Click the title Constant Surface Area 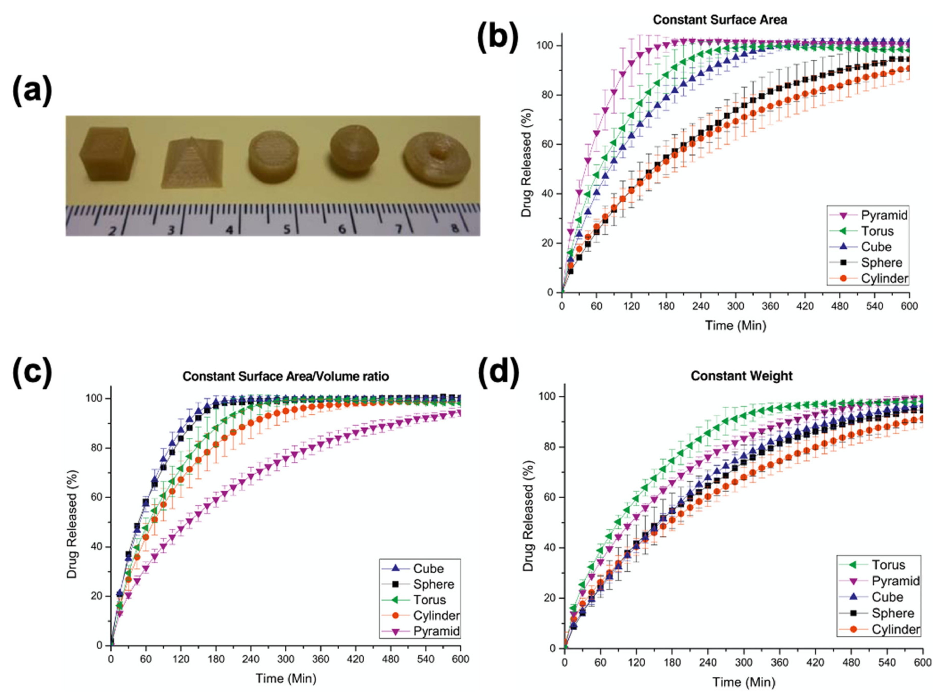719,20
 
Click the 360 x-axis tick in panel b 770,306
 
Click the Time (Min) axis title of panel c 286,679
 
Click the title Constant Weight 741,376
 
